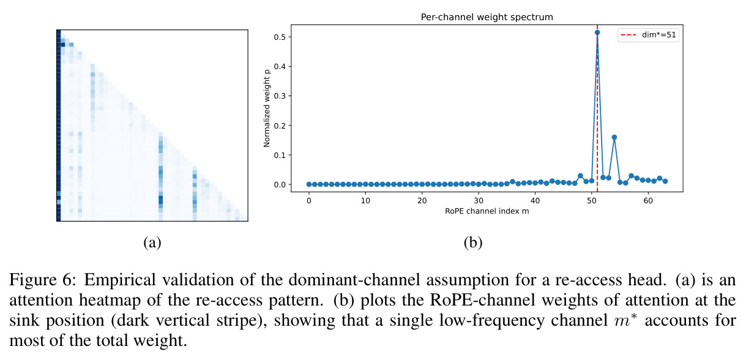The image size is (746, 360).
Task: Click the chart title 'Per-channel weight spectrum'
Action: (487, 17)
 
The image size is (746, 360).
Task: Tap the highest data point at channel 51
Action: (597, 32)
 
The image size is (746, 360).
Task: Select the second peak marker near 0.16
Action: (614, 137)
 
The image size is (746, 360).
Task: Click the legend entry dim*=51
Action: (649, 35)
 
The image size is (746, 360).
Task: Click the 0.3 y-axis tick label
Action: (280, 96)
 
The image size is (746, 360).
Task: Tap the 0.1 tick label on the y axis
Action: (280, 155)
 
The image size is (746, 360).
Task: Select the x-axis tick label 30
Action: (479, 201)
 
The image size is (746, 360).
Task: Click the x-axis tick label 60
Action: (648, 201)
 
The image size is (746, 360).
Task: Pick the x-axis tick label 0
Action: (309, 201)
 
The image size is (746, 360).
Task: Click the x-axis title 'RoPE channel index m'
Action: (487, 211)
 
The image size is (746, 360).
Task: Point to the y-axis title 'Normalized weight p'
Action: (266, 108)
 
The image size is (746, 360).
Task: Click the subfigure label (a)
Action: (152, 242)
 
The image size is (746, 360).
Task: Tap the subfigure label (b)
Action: (473, 242)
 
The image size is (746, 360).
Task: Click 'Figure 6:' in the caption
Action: (43, 280)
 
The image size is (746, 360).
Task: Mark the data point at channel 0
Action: (309, 184)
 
